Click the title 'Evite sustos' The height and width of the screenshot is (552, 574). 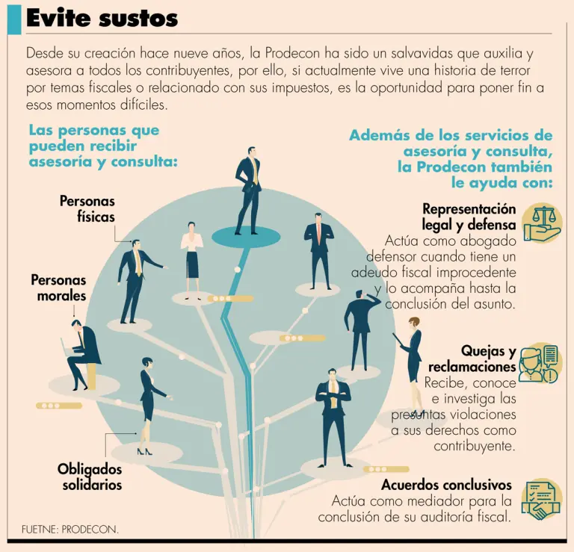(102, 18)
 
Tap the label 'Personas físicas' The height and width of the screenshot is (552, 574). (87, 208)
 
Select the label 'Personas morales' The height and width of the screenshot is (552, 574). (58, 288)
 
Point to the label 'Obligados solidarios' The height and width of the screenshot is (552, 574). (90, 477)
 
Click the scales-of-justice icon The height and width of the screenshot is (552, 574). (542, 223)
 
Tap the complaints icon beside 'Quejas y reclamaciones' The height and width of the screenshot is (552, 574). (540, 363)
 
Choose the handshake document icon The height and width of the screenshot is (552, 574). (542, 500)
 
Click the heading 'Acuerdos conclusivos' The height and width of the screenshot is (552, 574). (447, 485)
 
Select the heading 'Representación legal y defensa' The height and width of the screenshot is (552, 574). (469, 217)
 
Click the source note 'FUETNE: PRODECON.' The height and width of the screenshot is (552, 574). (70, 530)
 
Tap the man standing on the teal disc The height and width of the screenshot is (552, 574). (249, 190)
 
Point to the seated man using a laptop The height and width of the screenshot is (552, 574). (81, 354)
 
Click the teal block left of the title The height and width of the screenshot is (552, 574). (14, 20)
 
